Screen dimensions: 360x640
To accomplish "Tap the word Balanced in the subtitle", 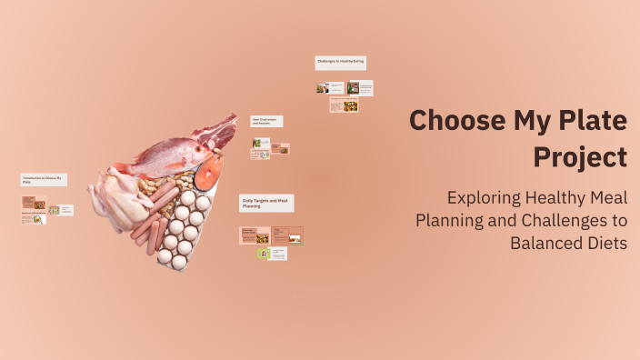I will pos(546,244).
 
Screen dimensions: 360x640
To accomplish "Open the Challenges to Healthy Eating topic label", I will pos(341,63).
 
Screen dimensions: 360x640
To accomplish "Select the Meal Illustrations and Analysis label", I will pos(267,121).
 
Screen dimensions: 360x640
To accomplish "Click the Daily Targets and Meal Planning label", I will pos(266,203).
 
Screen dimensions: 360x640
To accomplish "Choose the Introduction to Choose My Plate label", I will pos(44,180).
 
